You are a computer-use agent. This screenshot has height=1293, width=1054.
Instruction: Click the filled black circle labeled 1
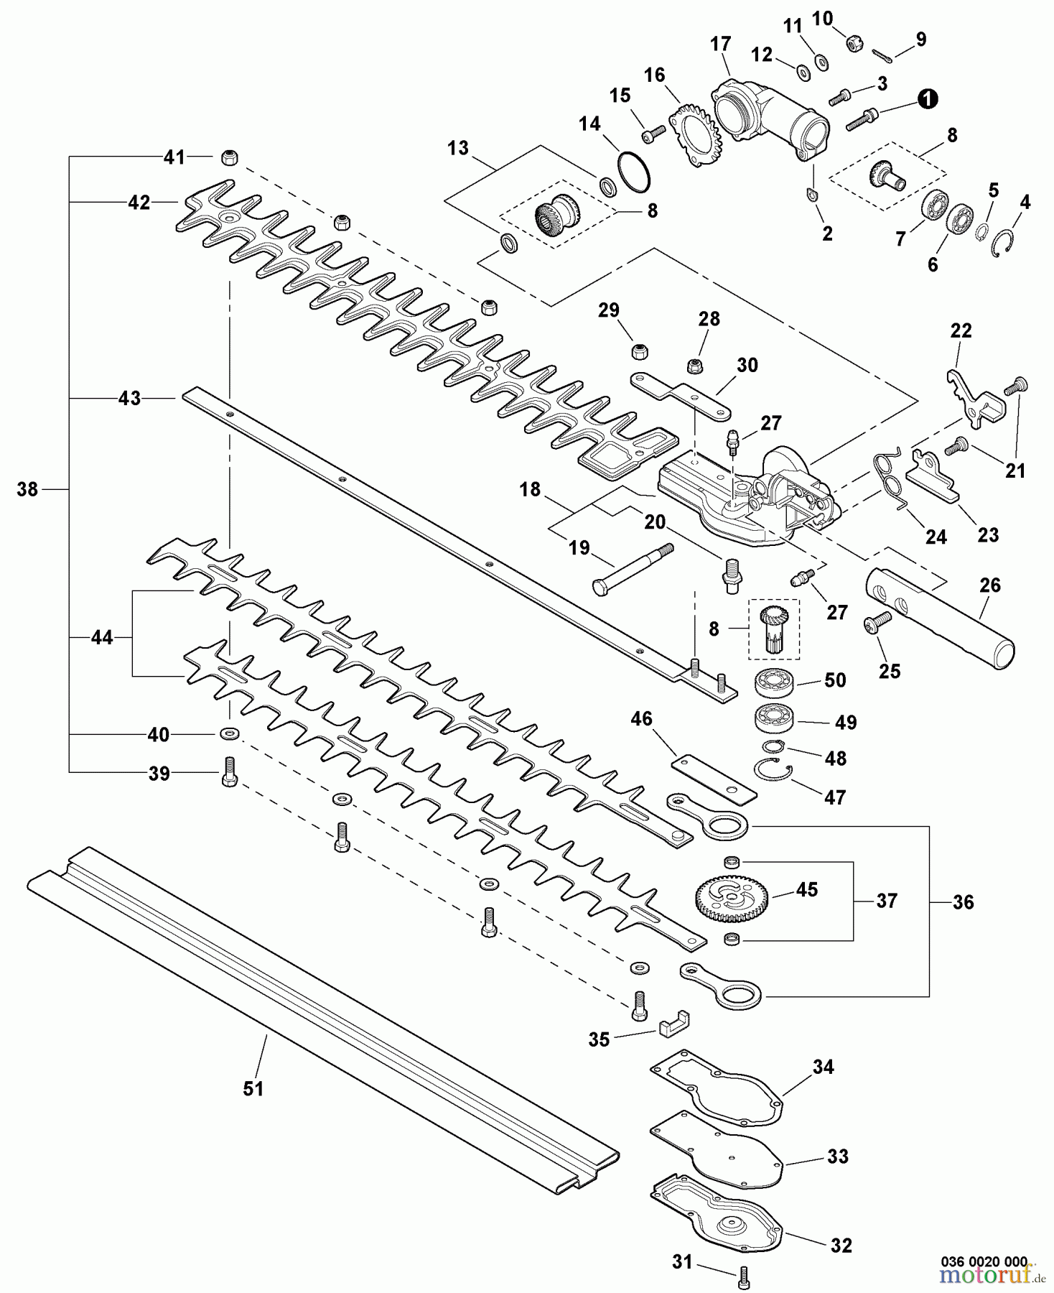[x=928, y=99]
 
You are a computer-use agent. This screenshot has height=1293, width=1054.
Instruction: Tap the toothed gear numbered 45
[x=732, y=898]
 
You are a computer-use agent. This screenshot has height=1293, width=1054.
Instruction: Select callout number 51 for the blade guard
[x=253, y=1090]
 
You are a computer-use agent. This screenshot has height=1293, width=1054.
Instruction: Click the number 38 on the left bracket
[x=27, y=490]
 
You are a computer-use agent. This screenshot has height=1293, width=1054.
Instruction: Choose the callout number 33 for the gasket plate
[x=837, y=1157]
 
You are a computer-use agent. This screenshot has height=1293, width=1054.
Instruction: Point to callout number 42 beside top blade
[x=139, y=203]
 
